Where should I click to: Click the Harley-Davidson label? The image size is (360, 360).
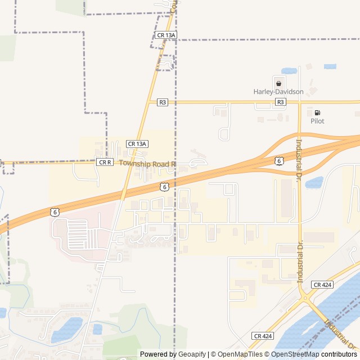click(x=278, y=92)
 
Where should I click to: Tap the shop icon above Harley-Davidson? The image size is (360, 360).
click(x=278, y=83)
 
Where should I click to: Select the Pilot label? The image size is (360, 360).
click(x=317, y=121)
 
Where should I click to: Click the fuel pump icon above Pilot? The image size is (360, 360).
click(x=317, y=112)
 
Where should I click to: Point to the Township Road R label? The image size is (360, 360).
click(x=148, y=163)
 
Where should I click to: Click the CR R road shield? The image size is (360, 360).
click(x=105, y=162)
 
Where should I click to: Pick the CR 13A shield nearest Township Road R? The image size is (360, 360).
click(x=137, y=144)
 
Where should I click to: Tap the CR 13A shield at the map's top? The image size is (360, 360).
click(x=166, y=35)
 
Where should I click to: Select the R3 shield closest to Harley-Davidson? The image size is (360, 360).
click(x=281, y=102)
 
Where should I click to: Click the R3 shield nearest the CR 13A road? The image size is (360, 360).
click(x=163, y=102)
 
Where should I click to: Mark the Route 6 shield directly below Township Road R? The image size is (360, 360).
click(x=164, y=186)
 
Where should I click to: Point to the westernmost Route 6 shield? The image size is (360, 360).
click(x=54, y=211)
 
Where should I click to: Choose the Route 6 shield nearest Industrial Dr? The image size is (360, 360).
click(x=279, y=161)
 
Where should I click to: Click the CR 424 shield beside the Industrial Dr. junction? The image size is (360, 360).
click(x=322, y=285)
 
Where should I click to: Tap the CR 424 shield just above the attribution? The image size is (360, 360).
click(x=263, y=336)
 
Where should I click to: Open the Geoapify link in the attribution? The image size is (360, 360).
click(x=192, y=354)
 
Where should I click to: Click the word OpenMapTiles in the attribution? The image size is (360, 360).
click(x=239, y=354)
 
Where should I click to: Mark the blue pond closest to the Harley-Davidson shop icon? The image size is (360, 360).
click(x=289, y=71)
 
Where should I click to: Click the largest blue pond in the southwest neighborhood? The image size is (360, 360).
click(x=67, y=329)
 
